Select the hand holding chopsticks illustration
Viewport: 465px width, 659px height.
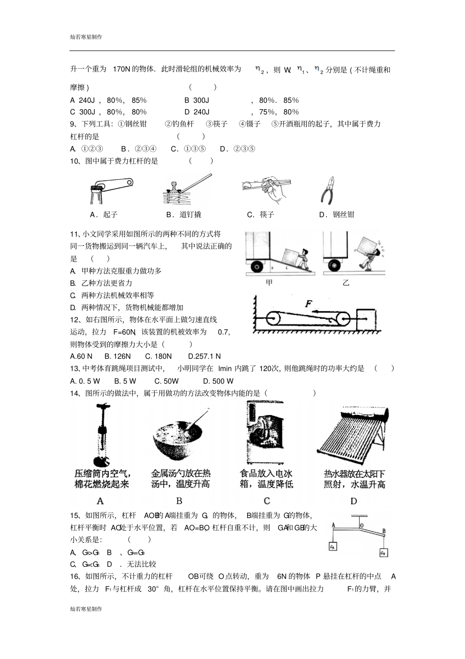tap(267, 189)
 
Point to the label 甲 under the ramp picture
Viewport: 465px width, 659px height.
tap(269, 283)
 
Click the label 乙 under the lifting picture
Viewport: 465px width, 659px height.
tap(346, 283)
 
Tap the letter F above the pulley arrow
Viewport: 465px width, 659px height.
tap(309, 304)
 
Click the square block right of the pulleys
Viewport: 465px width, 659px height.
tap(367, 319)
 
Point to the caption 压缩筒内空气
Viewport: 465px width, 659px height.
tap(102, 473)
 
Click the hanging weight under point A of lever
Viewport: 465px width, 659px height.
tap(333, 546)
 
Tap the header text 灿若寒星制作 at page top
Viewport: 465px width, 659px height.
tap(86, 37)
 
